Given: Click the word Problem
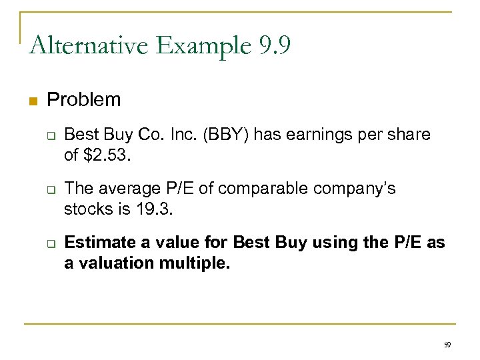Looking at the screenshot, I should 84,100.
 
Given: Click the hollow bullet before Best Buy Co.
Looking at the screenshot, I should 49,135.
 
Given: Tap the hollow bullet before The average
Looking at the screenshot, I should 49,190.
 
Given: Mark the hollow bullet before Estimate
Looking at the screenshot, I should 49,244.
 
